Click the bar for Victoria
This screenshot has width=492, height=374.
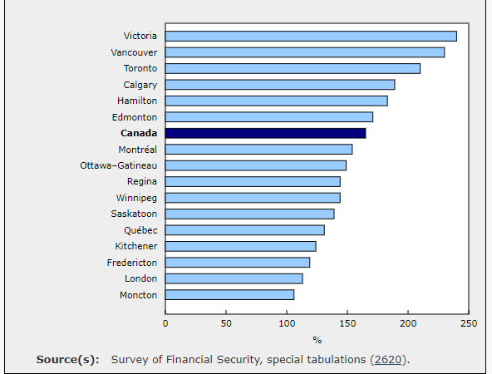click(x=311, y=36)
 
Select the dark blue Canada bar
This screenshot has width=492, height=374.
click(x=265, y=133)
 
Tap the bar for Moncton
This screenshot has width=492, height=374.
click(x=229, y=294)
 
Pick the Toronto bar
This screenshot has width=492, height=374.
click(x=293, y=68)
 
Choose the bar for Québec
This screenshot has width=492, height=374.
click(x=245, y=230)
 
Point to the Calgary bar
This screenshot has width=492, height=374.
click(x=280, y=85)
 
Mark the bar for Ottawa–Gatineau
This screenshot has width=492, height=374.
click(x=256, y=165)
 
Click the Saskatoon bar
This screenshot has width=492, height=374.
click(x=250, y=214)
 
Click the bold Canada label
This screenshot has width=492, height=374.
click(x=139, y=133)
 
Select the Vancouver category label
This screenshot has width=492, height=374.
click(x=134, y=52)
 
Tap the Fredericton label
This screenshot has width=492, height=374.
click(x=132, y=263)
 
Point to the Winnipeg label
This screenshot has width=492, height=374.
click(x=136, y=198)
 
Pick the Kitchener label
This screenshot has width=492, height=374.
click(x=135, y=246)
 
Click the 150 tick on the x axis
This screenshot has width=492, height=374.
click(x=347, y=323)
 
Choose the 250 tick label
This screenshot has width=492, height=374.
click(x=469, y=323)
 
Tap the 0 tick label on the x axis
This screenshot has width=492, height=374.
click(x=165, y=323)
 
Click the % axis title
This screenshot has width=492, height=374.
click(x=317, y=340)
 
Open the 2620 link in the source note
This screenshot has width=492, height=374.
click(x=388, y=360)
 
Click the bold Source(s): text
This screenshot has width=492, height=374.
click(x=68, y=360)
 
